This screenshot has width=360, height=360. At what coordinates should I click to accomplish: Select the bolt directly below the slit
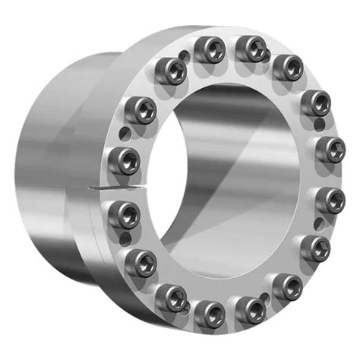point(125,210)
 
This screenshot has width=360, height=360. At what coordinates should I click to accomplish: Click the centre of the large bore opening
point(228,178)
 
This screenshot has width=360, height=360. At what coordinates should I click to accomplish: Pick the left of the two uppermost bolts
point(207,51)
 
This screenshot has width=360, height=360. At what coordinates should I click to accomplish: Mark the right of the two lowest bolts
point(249,309)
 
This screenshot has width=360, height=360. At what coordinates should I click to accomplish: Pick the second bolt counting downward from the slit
point(141,262)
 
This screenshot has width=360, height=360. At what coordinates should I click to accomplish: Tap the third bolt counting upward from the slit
point(169,72)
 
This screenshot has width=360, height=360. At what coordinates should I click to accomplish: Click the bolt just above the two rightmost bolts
point(314,102)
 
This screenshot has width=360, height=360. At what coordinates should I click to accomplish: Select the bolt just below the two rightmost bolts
point(315,247)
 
